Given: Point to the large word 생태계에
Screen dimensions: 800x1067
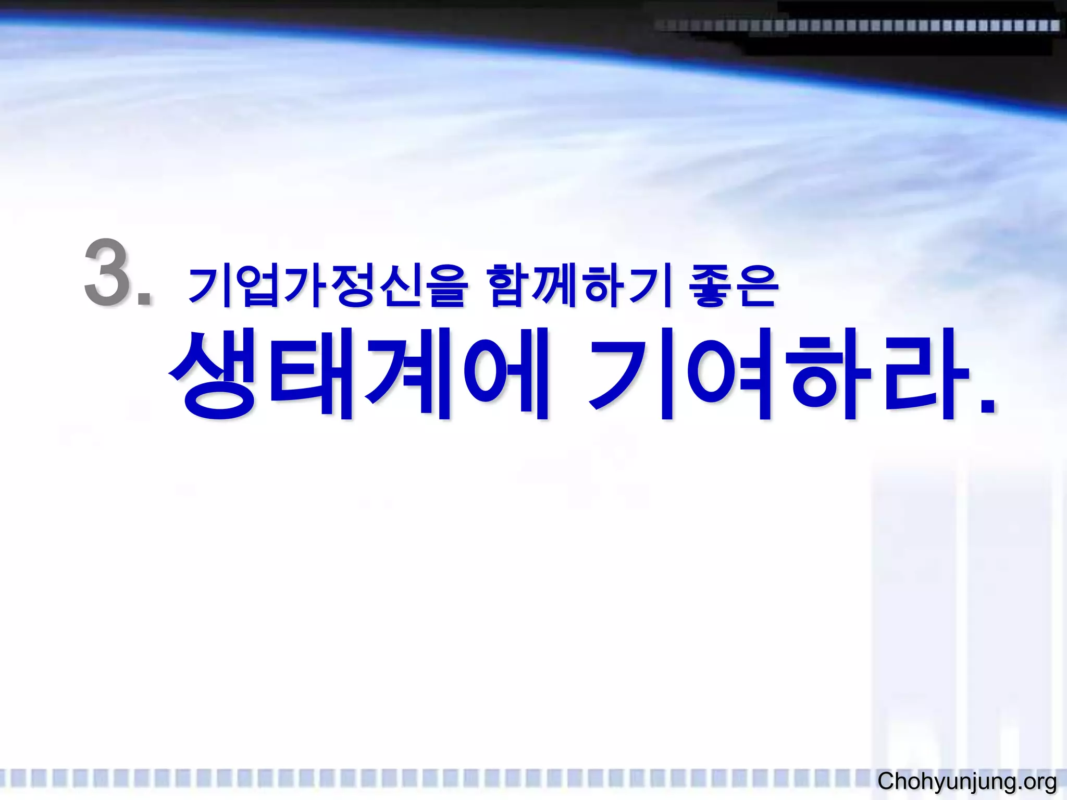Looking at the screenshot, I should [359, 374].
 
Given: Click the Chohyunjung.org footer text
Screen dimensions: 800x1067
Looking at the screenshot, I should [967, 781].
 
